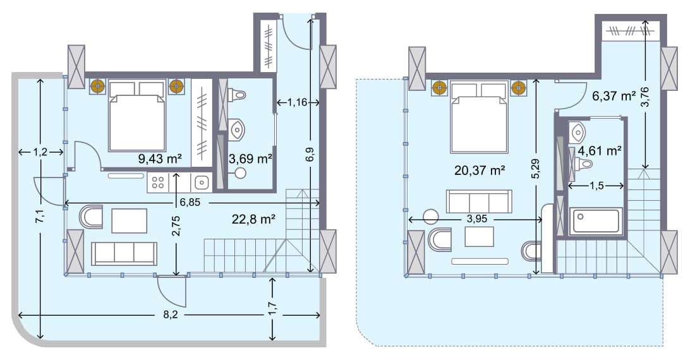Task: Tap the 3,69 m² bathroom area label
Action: [251, 159]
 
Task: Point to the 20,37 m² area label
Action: [480, 170]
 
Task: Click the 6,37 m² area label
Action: [613, 96]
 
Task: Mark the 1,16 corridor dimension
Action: [296, 102]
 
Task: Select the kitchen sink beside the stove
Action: [202, 183]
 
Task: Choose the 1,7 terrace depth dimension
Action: [272, 309]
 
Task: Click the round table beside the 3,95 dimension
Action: [431, 216]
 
